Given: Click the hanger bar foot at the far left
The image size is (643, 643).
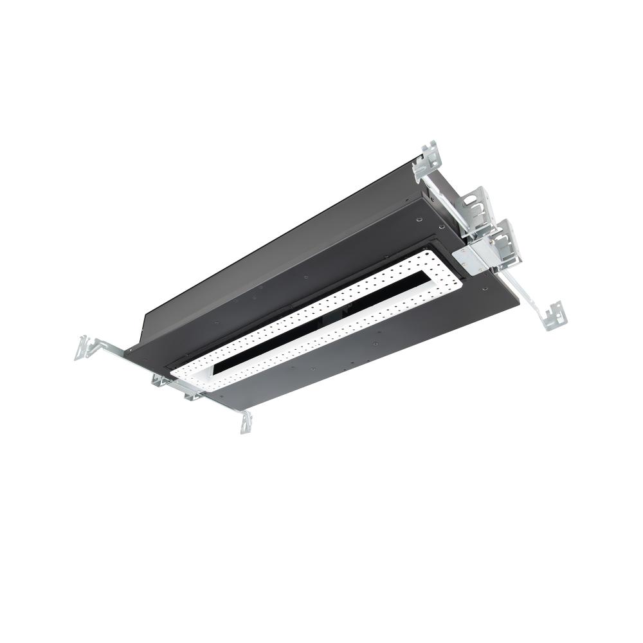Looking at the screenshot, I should pyautogui.click(x=86, y=347).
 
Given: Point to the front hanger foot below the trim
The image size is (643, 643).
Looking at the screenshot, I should pyautogui.click(x=246, y=421).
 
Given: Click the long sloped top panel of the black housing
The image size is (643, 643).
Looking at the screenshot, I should pyautogui.click(x=270, y=251).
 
